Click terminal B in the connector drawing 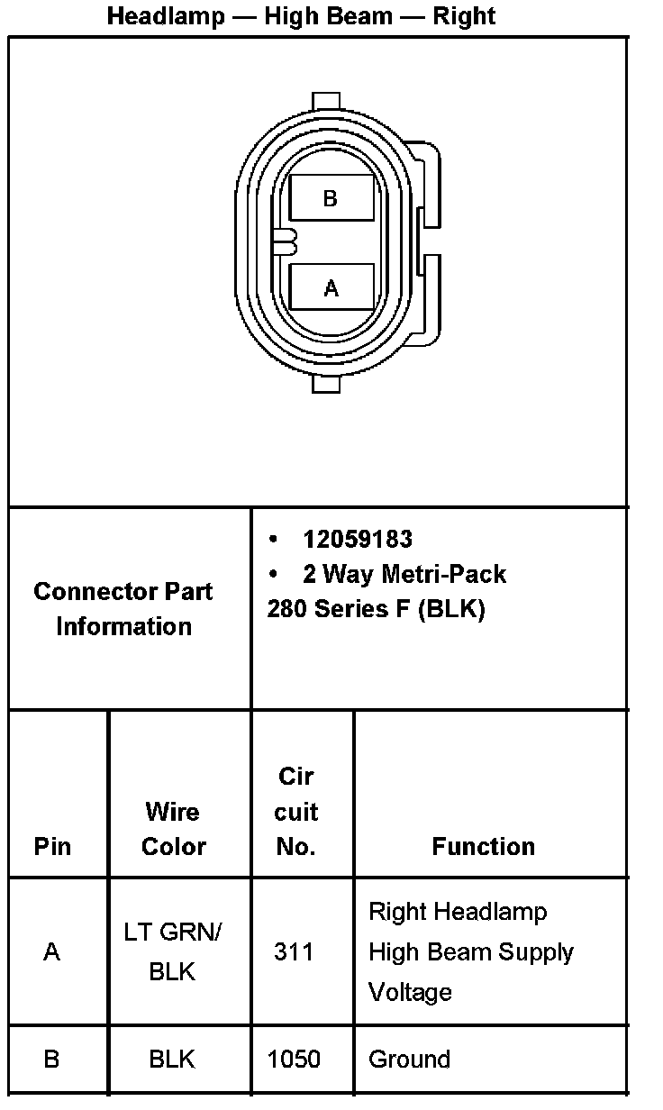(331, 198)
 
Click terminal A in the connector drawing (331, 288)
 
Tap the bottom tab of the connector (325, 385)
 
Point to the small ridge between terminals (284, 242)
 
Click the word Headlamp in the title (166, 15)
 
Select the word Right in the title (464, 15)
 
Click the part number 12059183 (358, 539)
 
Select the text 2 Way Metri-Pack (404, 574)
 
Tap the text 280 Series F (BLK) (376, 609)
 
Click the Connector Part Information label (123, 609)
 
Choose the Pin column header (52, 846)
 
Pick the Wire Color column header (173, 829)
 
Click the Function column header (484, 846)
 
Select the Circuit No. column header (296, 811)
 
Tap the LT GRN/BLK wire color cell (172, 951)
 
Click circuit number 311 (294, 951)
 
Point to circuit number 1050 (294, 1059)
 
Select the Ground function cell (409, 1059)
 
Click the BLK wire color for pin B (172, 1059)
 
